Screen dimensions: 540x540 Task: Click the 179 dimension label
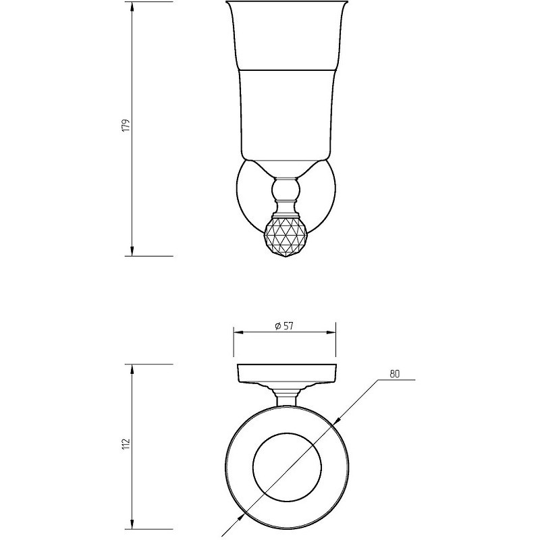(126, 125)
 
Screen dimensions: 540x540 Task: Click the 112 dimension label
(126, 443)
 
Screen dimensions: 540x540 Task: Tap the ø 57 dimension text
(284, 325)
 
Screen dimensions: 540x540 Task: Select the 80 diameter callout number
(395, 374)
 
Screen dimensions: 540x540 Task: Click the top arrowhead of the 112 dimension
(132, 370)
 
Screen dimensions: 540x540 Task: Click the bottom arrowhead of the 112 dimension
(132, 533)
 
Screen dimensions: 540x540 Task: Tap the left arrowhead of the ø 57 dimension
(239, 332)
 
